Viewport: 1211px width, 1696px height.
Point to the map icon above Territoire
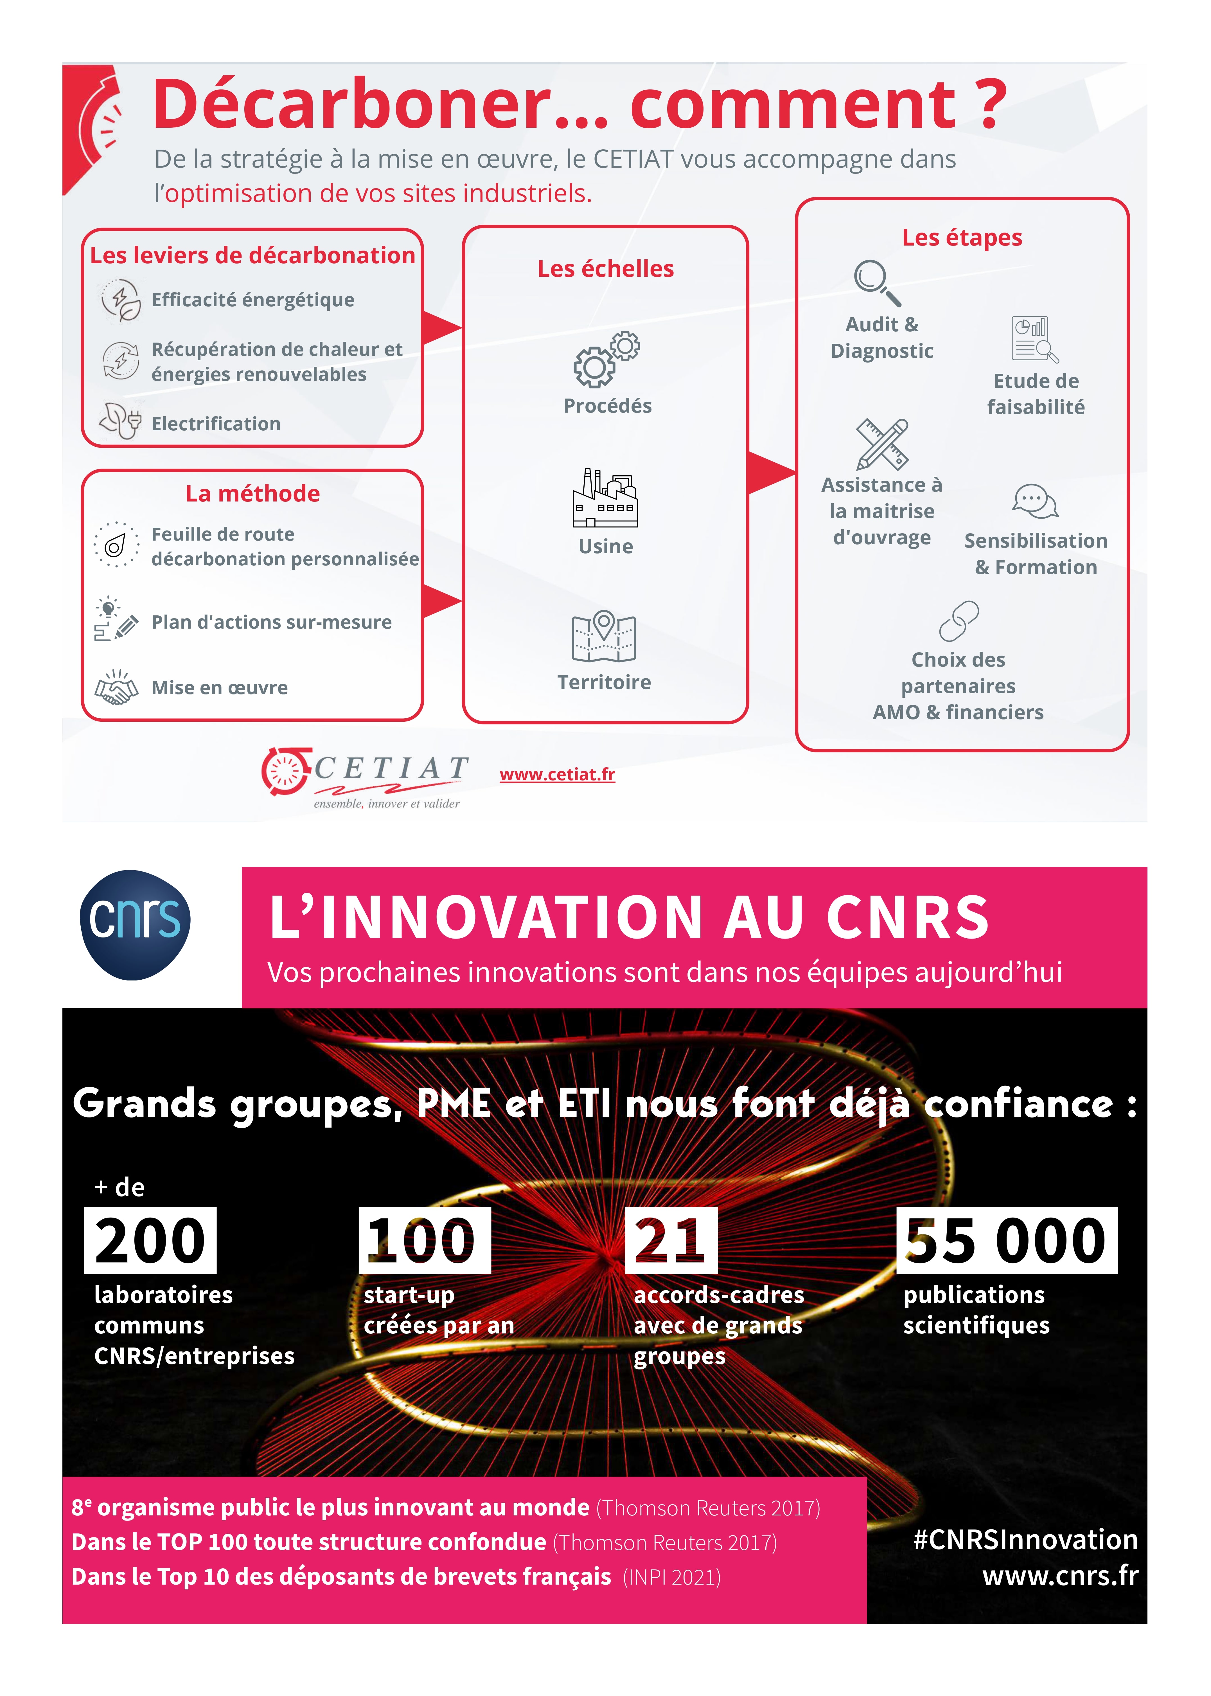pos(603,636)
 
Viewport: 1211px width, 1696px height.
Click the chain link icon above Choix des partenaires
pos(959,620)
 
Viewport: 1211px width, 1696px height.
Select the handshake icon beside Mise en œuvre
pos(116,687)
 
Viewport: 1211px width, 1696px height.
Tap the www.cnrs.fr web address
pos(1060,1575)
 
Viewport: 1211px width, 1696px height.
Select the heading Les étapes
pos(962,237)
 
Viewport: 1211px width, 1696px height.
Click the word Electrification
pos(216,424)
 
